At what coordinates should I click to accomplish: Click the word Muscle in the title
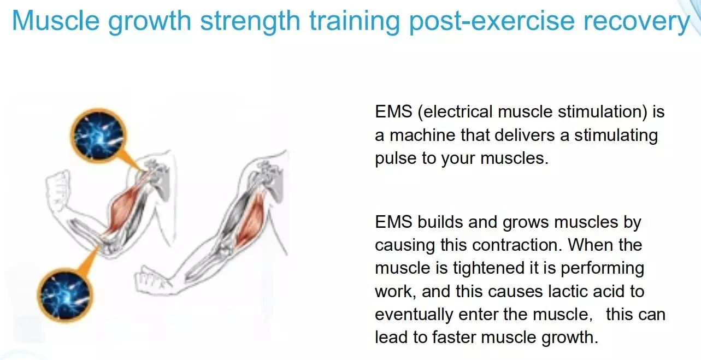[56, 21]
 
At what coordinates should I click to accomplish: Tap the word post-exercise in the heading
[492, 22]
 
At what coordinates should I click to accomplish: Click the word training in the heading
[355, 22]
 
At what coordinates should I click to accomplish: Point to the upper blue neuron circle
[98, 135]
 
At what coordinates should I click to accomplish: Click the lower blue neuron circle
[65, 295]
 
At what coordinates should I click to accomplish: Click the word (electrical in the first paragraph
[455, 111]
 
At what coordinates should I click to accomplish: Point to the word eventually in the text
[414, 315]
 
